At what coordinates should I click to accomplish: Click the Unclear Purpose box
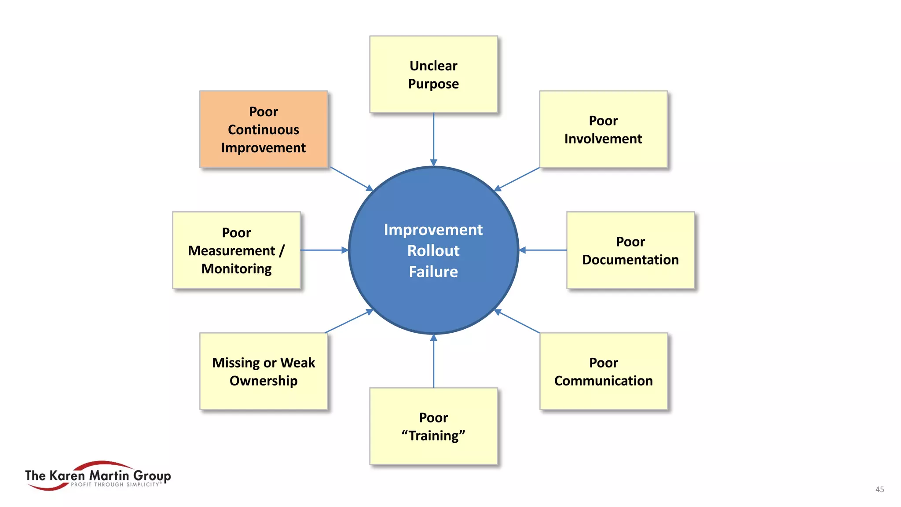tap(433, 74)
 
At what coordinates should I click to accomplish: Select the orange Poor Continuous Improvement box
tap(264, 129)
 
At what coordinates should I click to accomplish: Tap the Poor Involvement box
tap(603, 129)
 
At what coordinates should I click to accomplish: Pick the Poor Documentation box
tap(630, 250)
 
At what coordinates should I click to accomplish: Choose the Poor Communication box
tap(603, 371)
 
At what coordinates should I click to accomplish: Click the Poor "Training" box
tap(433, 426)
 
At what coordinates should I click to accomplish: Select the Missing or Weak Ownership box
tap(264, 371)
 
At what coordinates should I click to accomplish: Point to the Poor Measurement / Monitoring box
tap(236, 250)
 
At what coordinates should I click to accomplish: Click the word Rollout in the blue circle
tap(433, 250)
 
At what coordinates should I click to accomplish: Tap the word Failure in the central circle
tap(433, 272)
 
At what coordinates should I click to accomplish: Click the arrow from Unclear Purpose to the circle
tap(433, 139)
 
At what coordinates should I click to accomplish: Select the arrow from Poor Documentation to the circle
tap(543, 250)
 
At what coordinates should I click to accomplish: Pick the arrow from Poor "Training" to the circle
tap(433, 361)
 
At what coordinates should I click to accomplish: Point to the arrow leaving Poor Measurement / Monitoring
tap(324, 250)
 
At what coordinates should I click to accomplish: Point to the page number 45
tap(879, 489)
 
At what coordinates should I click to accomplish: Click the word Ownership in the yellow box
tap(264, 381)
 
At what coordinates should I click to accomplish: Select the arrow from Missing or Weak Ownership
tap(349, 322)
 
